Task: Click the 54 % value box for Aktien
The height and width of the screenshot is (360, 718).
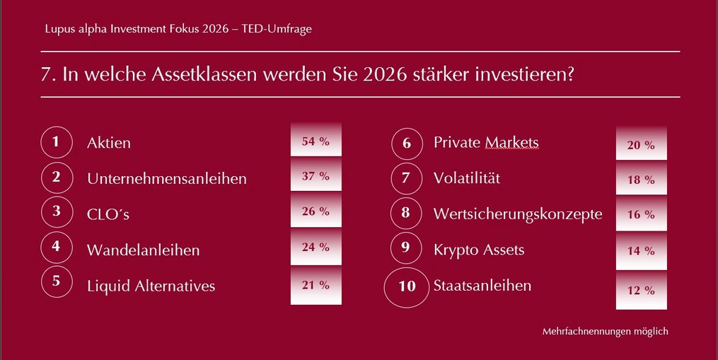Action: pyautogui.click(x=316, y=139)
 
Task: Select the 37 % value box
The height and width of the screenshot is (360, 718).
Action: pyautogui.click(x=316, y=174)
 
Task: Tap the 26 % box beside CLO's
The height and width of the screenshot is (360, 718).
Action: pyautogui.click(x=316, y=209)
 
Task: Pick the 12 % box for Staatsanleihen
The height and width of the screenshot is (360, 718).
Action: pyautogui.click(x=641, y=290)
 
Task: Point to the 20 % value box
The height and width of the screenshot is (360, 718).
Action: pyautogui.click(x=641, y=143)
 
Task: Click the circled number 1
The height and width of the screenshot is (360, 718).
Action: pyautogui.click(x=57, y=142)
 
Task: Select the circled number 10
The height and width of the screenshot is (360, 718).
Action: pyautogui.click(x=407, y=287)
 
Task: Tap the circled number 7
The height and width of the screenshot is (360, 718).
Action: pyautogui.click(x=406, y=178)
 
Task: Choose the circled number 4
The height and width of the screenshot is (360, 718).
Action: pyautogui.click(x=57, y=248)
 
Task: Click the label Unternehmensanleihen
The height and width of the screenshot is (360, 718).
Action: pyautogui.click(x=167, y=179)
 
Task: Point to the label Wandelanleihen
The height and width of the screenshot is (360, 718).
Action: pyautogui.click(x=144, y=250)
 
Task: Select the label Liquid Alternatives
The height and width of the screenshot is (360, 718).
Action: pyautogui.click(x=151, y=286)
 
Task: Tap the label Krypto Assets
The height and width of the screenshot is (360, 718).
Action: pyautogui.click(x=479, y=250)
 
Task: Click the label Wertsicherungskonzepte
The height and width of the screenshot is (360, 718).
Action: pyautogui.click(x=518, y=214)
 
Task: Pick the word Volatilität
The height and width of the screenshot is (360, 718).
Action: pyautogui.click(x=467, y=178)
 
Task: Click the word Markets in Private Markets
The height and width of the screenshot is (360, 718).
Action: pyautogui.click(x=512, y=142)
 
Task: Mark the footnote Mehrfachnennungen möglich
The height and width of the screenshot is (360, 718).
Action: pyautogui.click(x=606, y=331)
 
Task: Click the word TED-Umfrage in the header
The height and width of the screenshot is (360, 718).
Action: pyautogui.click(x=277, y=28)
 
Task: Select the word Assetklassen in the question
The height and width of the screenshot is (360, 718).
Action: pyautogui.click(x=204, y=74)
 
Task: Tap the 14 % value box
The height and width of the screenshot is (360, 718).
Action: pyautogui.click(x=641, y=251)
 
